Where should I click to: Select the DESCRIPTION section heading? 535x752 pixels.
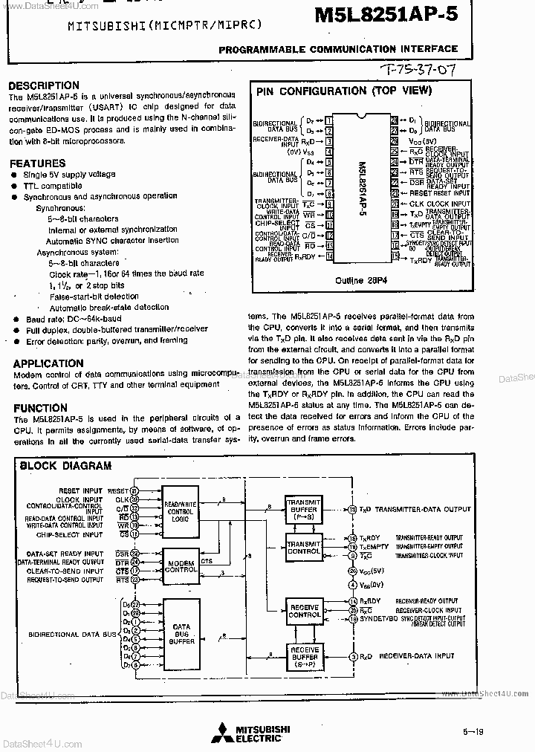43,85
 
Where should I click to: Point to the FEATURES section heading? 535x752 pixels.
37,163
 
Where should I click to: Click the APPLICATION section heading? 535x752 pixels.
48,363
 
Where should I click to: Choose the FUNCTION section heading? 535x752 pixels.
40,407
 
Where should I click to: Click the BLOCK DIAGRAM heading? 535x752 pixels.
65,466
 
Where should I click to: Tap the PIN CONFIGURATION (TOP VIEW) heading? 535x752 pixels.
343,91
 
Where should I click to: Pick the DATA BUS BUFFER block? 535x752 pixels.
181,632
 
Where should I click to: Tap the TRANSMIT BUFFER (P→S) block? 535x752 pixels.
305,510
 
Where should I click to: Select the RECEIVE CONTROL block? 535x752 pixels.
305,611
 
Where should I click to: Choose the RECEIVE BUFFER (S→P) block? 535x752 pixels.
305,656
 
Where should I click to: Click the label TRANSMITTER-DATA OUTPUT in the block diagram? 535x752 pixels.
424,509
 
